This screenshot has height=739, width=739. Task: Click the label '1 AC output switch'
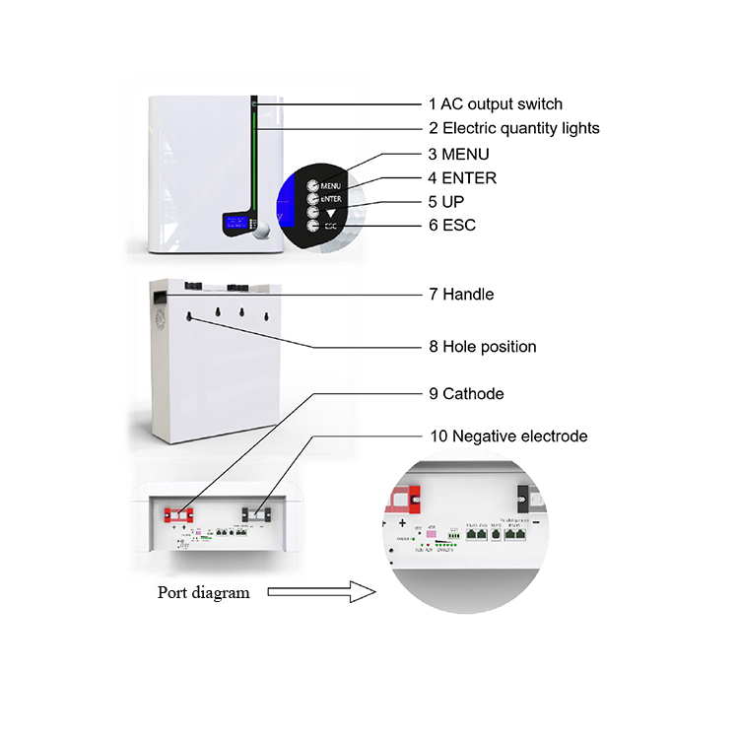coord(496,103)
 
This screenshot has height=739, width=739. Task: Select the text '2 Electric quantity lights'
coord(513,128)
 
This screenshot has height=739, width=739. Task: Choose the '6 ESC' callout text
coord(452,226)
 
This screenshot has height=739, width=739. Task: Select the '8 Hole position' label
coord(483,347)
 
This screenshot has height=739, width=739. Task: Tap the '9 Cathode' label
coord(466,394)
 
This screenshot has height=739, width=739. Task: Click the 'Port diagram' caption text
coord(204,593)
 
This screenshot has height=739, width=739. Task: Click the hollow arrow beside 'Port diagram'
coord(321,593)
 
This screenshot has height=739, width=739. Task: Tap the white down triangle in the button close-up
coord(332,209)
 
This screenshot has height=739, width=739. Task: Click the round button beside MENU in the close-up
coord(312,185)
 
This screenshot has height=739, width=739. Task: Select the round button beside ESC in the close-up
coord(312,226)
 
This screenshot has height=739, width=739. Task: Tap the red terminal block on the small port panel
coord(181,512)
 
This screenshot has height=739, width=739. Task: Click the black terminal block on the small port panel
coord(254,512)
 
